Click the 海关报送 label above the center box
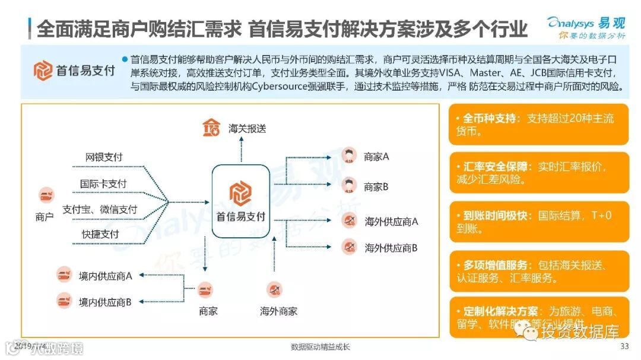coord(247,128)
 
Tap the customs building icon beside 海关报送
coord(211,127)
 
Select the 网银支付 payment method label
coord(104,157)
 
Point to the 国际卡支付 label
coord(103,184)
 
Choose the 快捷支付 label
coord(100,234)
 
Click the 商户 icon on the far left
coord(46,195)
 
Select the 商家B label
coord(376,187)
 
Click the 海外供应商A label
coord(391,222)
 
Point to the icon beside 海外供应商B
coord(349,247)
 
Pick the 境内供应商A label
coord(105,276)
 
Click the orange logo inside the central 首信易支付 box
coord(240,192)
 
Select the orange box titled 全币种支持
coord(538,125)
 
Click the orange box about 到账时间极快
coord(538,222)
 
